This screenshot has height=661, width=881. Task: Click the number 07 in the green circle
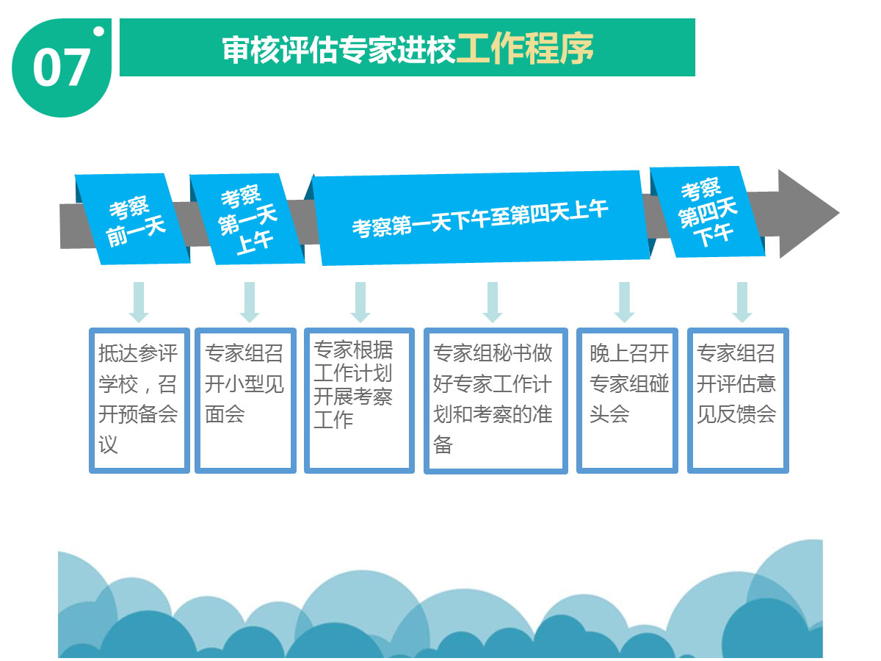61,68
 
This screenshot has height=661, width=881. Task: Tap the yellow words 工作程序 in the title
525,48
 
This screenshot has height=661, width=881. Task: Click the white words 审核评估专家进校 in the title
339,49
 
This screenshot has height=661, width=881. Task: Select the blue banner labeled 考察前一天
132,219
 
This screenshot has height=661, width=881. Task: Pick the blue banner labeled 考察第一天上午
247,219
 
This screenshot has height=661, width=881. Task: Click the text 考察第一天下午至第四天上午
480,219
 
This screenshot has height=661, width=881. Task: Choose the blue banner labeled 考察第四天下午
708,212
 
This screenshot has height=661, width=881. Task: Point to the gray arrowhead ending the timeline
807,214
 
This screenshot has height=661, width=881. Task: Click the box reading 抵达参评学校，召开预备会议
139,400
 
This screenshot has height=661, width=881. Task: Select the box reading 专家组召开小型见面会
245,400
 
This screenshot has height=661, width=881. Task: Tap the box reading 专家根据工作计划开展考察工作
359,400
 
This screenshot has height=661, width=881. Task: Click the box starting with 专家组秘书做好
496,400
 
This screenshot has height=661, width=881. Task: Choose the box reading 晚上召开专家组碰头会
627,400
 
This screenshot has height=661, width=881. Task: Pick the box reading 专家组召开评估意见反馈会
738,400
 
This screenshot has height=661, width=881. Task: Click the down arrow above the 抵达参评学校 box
139,302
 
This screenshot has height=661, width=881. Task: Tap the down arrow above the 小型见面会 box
250,302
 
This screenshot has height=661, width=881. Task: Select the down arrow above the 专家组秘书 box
493,302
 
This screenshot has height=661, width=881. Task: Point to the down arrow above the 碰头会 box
624,302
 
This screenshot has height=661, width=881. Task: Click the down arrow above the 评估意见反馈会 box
742,302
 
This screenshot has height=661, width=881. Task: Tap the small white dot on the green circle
98,32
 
